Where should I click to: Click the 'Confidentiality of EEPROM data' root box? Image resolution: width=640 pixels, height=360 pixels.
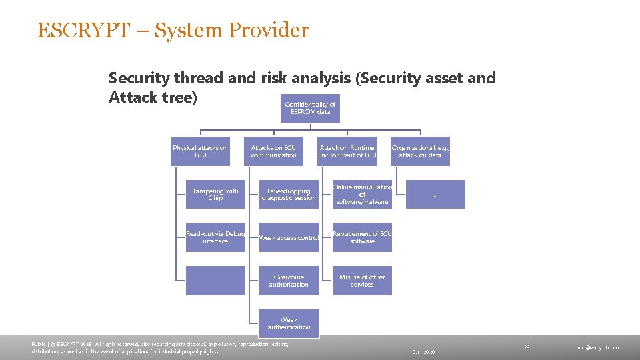click(x=310, y=108)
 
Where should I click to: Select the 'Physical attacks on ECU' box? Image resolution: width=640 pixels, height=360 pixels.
click(x=200, y=151)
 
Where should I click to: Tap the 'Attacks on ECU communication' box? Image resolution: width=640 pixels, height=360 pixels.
click(x=273, y=151)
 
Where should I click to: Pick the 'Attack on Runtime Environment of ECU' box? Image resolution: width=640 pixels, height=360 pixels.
click(x=347, y=151)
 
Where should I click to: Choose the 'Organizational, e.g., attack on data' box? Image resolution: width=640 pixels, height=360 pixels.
click(x=420, y=151)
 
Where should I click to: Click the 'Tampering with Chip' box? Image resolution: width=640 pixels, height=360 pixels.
click(x=215, y=195)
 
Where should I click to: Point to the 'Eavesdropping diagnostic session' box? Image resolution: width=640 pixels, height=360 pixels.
click(x=289, y=195)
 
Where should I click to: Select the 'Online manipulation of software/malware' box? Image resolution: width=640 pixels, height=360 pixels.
click(x=362, y=195)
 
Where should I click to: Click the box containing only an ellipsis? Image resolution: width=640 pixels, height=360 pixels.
click(x=435, y=195)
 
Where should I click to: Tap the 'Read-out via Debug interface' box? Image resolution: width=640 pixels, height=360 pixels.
click(x=215, y=237)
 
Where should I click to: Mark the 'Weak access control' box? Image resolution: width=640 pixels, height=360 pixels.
click(x=289, y=237)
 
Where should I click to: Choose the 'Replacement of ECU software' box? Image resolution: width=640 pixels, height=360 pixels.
click(x=362, y=237)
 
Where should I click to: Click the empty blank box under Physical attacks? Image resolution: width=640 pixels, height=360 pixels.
click(x=215, y=281)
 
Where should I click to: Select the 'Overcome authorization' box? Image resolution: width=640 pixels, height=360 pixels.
click(x=289, y=281)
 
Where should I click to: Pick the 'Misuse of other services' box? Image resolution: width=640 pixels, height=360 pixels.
click(x=362, y=281)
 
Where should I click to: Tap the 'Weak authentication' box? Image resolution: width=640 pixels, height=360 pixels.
click(x=289, y=323)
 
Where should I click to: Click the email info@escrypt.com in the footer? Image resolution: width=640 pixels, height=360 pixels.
click(x=597, y=347)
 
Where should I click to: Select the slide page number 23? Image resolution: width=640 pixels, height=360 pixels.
click(x=527, y=347)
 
